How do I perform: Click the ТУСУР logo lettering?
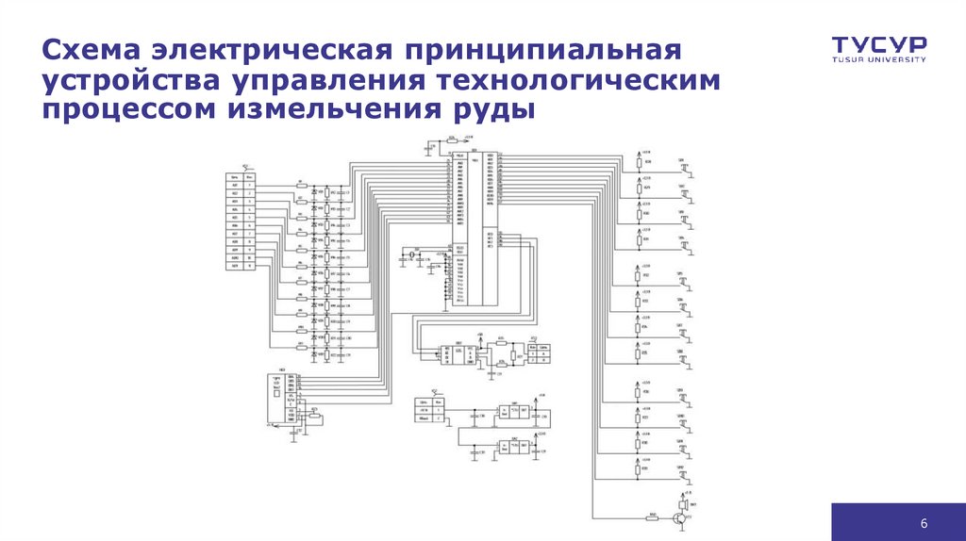pos(878,44)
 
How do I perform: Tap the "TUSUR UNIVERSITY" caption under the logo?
pos(878,59)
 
